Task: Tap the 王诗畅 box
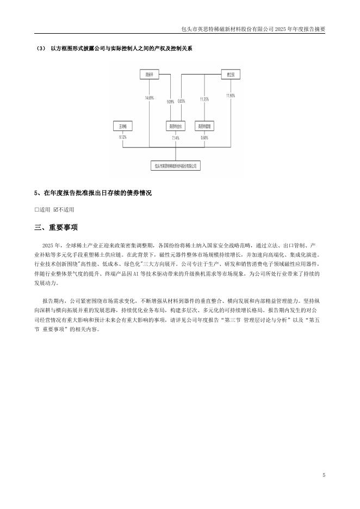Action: pyautogui.click(x=122, y=126)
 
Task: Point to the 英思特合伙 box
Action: pyautogui.click(x=176, y=126)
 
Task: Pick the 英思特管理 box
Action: pyautogui.click(x=204, y=126)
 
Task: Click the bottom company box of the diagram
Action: pyautogui.click(x=175, y=163)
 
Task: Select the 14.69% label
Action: pyautogui.click(x=149, y=98)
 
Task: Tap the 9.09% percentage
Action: pyautogui.click(x=171, y=101)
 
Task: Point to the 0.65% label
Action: pyautogui.click(x=182, y=101)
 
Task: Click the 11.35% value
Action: pyautogui.click(x=204, y=99)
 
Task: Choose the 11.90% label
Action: pyautogui.click(x=231, y=96)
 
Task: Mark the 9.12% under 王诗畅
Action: pyautogui.click(x=122, y=137)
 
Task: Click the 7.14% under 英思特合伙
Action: pyautogui.click(x=176, y=138)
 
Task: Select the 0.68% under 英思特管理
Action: pyautogui.click(x=204, y=138)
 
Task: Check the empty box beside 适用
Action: pyautogui.click(x=36, y=209)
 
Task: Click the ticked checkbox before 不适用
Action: pyautogui.click(x=55, y=209)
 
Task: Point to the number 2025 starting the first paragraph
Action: pyautogui.click(x=47, y=245)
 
